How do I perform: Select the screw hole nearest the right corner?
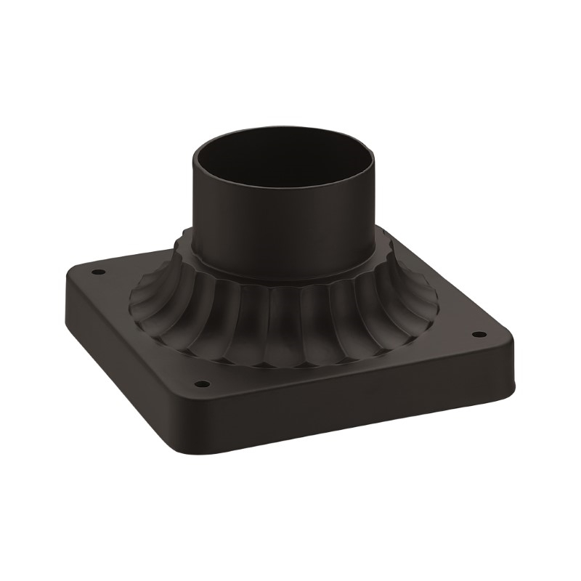coord(476,335)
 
